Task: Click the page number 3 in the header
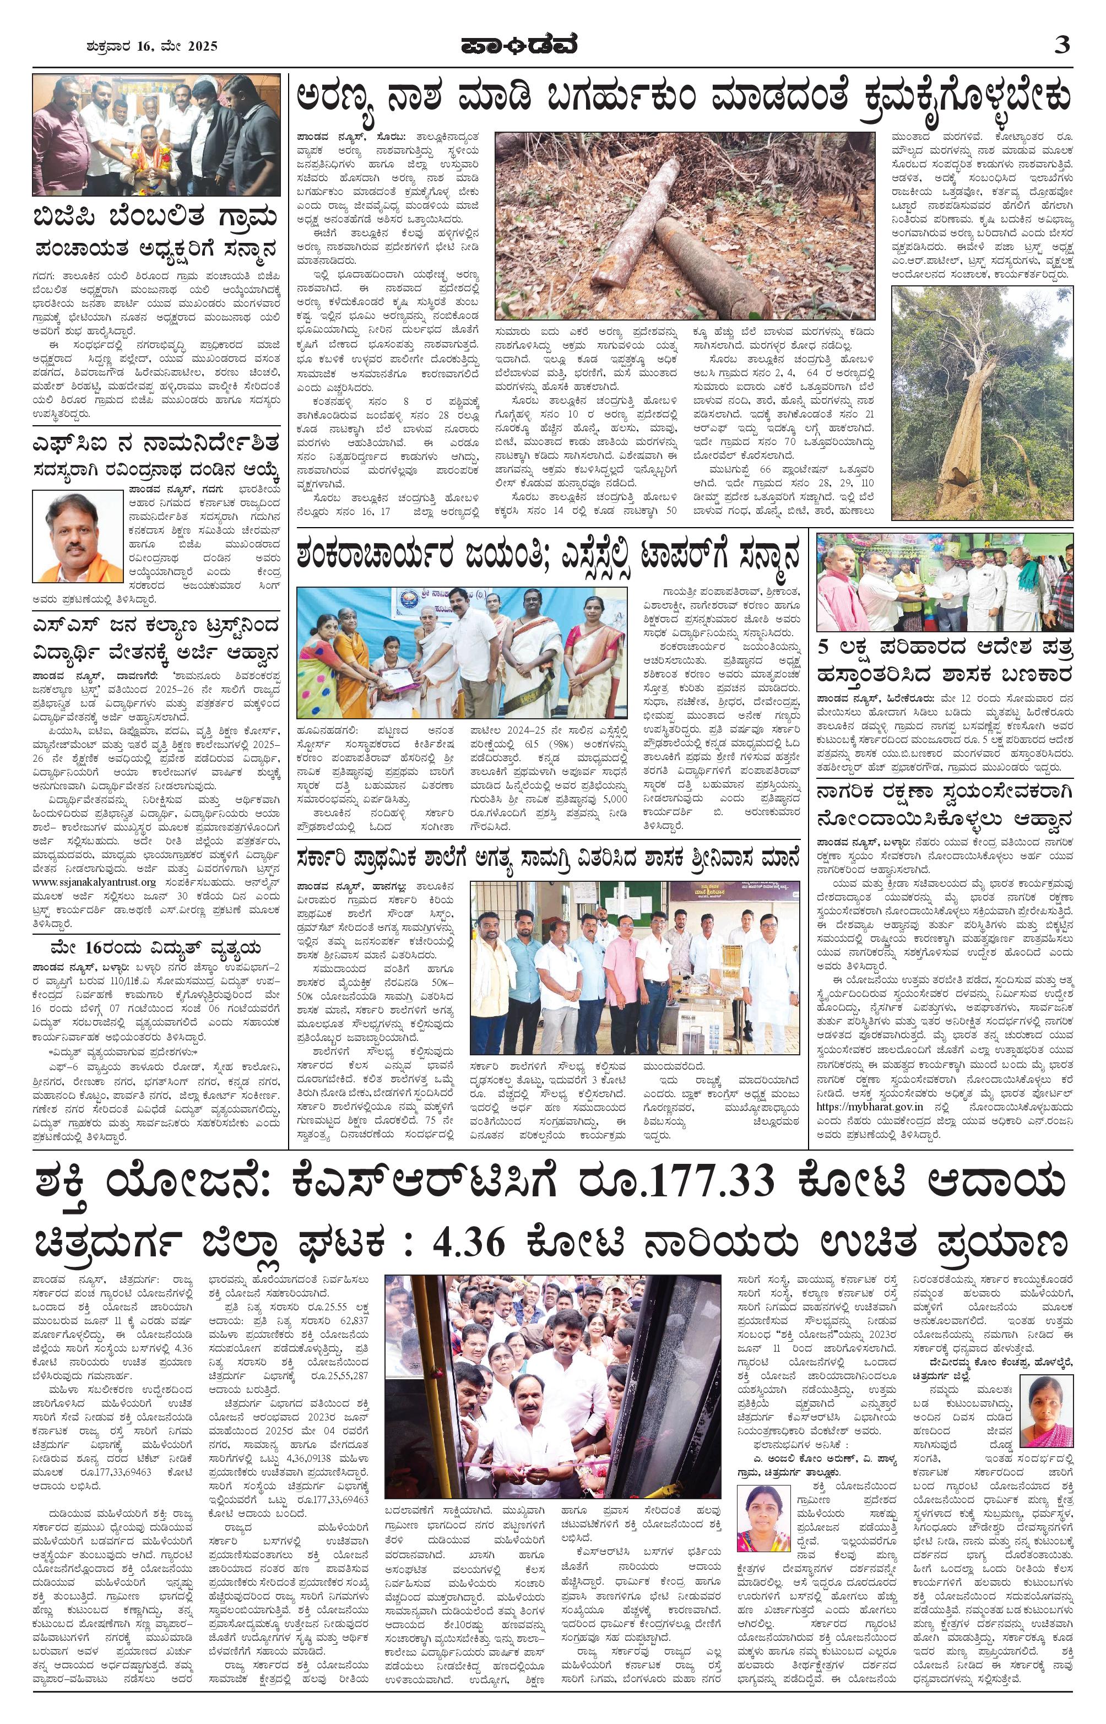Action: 1061,45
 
